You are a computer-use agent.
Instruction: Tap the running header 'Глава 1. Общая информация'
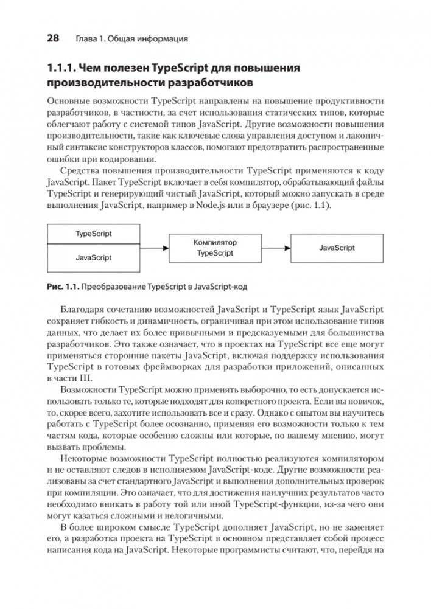tap(130, 40)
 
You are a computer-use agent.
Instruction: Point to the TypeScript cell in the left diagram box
tap(93, 234)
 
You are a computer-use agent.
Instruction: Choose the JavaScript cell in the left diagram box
tap(93, 257)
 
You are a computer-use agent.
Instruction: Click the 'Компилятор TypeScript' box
tap(215, 248)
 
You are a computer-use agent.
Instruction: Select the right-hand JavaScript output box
tap(337, 248)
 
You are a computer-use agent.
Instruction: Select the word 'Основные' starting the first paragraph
tap(67, 100)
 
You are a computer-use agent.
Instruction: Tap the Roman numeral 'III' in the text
tap(80, 378)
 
